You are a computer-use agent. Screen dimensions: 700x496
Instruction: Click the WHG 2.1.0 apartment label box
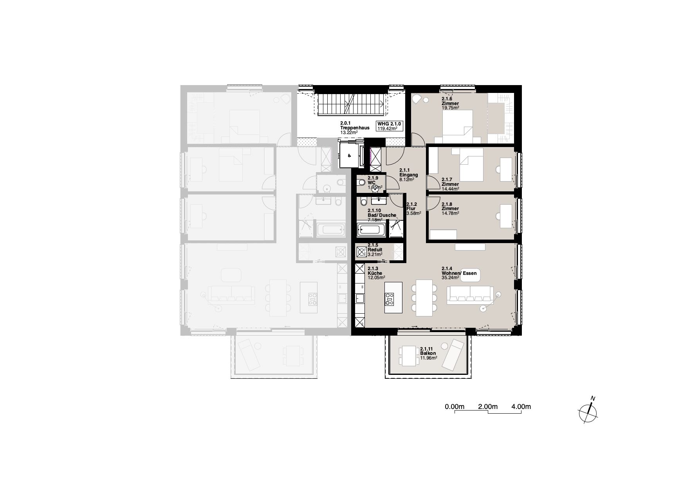(390, 126)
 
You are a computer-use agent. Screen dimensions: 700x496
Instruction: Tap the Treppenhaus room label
(355, 128)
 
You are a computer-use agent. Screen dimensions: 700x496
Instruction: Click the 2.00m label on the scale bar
(487, 407)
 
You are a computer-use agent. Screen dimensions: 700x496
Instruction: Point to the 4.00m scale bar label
(521, 407)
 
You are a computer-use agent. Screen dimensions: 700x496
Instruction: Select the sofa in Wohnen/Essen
(470, 295)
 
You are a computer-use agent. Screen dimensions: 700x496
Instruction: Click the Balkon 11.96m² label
(429, 353)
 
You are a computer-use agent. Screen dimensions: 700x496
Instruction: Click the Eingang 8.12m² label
(408, 175)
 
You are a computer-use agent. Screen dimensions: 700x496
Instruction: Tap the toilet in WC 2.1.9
(360, 182)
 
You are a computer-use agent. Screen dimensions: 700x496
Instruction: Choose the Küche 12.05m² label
(376, 273)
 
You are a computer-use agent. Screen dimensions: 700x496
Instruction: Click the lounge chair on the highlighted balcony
(453, 354)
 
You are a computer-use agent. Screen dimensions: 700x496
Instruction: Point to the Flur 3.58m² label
(414, 209)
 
